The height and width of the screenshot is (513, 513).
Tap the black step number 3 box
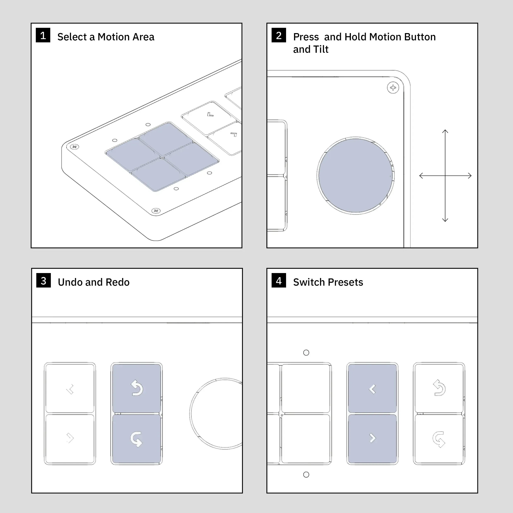coord(44,280)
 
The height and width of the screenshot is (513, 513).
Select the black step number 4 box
coord(279,280)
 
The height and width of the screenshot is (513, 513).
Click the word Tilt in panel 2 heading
coord(321,49)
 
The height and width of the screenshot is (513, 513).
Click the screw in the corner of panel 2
coord(393,88)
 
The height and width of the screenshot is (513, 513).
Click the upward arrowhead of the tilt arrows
coord(445,131)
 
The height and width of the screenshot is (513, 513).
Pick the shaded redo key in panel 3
coord(137,439)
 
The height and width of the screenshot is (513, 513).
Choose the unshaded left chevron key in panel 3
coord(70,388)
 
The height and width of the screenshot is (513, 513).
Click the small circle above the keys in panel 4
coord(306,353)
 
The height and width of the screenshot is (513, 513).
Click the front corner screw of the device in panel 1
coord(156,211)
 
